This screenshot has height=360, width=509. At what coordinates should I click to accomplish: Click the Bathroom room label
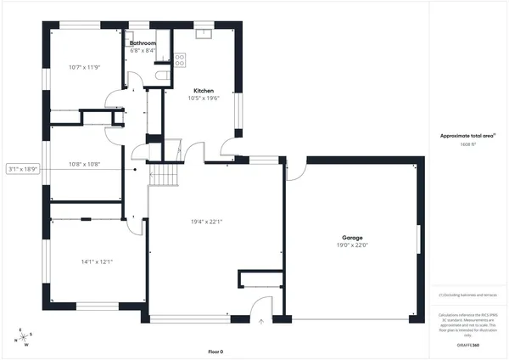(143, 42)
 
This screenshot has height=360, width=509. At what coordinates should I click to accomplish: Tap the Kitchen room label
(203, 90)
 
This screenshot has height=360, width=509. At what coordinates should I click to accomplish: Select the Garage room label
(353, 238)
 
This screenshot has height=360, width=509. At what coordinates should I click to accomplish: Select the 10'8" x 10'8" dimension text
(84, 164)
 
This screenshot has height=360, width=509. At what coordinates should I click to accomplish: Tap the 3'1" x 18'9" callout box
(23, 169)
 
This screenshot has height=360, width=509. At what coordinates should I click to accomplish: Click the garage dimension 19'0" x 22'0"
(353, 245)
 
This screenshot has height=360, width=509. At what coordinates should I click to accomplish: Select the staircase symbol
(165, 175)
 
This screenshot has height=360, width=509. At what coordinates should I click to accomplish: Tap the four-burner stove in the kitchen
(180, 59)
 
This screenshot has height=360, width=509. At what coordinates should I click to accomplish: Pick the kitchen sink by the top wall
(204, 34)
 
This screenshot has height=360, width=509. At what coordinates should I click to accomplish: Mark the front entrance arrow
(262, 322)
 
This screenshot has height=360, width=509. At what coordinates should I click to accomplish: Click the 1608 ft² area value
(469, 144)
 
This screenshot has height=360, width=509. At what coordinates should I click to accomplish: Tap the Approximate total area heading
(468, 136)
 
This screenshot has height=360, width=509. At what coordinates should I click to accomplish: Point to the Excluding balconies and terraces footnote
(468, 295)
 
